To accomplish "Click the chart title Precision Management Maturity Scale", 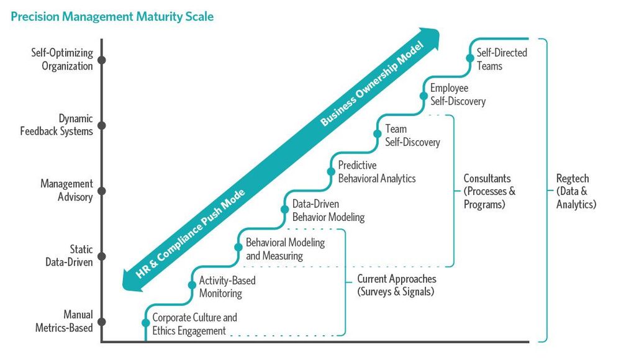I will click(x=112, y=17).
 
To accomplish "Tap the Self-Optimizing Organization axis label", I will click(x=62, y=60).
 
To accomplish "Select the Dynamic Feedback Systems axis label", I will click(x=58, y=125).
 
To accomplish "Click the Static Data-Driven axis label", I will click(x=69, y=256).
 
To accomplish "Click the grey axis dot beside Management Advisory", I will click(x=102, y=191).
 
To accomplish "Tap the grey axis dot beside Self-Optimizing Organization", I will click(x=102, y=60).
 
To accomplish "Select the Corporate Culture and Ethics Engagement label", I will click(x=194, y=324).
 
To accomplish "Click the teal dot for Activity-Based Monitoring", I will click(x=191, y=286).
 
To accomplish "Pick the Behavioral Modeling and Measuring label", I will click(x=285, y=249).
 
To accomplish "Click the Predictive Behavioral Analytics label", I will click(x=376, y=172).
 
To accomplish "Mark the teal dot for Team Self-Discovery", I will click(x=377, y=133).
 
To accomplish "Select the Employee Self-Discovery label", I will click(x=458, y=95).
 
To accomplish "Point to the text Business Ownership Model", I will click(x=372, y=84).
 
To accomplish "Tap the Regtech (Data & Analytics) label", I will click(x=576, y=191).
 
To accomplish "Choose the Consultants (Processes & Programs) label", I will click(x=489, y=191).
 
